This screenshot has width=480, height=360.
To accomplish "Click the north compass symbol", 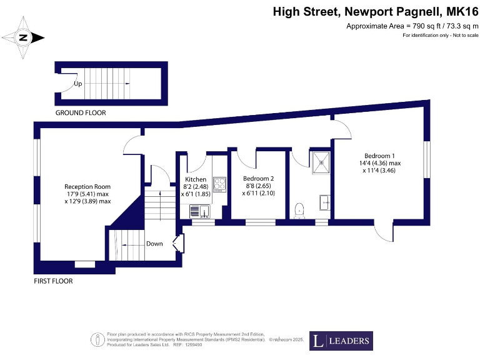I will click(x=23, y=37).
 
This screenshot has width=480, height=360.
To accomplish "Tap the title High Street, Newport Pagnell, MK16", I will click(x=376, y=12).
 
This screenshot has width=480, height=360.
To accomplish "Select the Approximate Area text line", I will click(x=412, y=26).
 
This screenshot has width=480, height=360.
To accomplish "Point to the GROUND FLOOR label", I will click(x=81, y=113).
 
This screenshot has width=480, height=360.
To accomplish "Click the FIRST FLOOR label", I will click(x=53, y=281).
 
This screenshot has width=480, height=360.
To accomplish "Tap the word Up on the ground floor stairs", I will click(x=78, y=83).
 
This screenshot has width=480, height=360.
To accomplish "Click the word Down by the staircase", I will click(x=154, y=244).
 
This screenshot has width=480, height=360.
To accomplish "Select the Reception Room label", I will click(x=87, y=186).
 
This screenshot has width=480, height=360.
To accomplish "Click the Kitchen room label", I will click(x=196, y=179).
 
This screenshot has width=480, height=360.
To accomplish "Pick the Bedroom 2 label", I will click(x=258, y=178).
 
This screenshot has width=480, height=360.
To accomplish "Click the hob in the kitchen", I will click(x=220, y=184).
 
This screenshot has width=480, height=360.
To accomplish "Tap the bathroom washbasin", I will click(x=325, y=202).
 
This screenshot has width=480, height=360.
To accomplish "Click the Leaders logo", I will click(x=341, y=341).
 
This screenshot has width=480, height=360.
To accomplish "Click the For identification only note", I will click(x=440, y=35).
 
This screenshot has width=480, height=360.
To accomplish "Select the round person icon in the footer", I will click(x=98, y=340).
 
